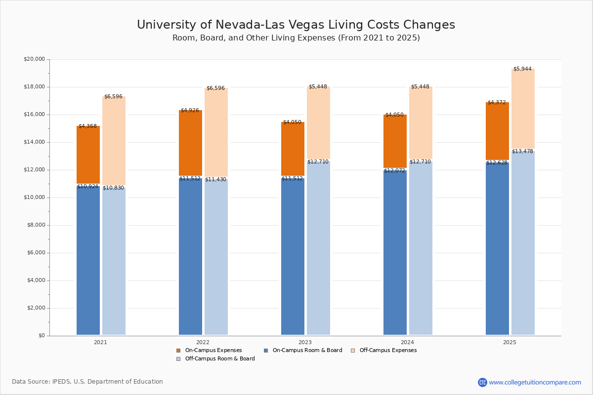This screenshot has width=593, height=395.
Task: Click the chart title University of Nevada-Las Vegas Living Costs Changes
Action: click(x=296, y=25)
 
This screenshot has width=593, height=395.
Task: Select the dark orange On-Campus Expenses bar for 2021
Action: click(x=88, y=155)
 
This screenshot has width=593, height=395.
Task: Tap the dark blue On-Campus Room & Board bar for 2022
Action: click(x=190, y=256)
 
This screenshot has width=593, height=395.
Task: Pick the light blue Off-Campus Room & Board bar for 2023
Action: click(x=318, y=248)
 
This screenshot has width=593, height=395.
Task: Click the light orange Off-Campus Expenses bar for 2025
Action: click(x=523, y=109)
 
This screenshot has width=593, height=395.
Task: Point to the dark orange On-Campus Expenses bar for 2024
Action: click(x=395, y=141)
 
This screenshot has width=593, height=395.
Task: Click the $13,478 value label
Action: click(x=522, y=151)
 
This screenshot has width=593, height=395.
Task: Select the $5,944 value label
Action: click(x=522, y=69)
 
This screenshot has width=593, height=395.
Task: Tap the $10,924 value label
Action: click(x=87, y=186)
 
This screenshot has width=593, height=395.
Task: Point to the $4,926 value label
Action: click(x=190, y=110)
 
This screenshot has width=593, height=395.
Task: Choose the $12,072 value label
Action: click(x=394, y=171)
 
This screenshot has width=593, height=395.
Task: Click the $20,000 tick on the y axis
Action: click(x=34, y=59)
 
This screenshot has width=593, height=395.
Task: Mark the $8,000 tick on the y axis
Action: click(x=36, y=225)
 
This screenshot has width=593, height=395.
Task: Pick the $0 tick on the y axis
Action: click(x=42, y=336)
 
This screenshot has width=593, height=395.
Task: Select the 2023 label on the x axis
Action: click(x=305, y=342)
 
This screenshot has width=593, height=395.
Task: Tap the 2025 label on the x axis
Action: click(x=509, y=342)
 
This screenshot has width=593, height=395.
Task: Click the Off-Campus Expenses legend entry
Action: click(x=384, y=350)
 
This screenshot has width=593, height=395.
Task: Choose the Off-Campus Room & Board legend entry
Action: click(x=216, y=359)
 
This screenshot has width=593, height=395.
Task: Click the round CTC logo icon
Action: click(x=482, y=382)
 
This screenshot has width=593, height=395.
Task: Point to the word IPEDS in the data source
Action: click(x=61, y=382)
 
